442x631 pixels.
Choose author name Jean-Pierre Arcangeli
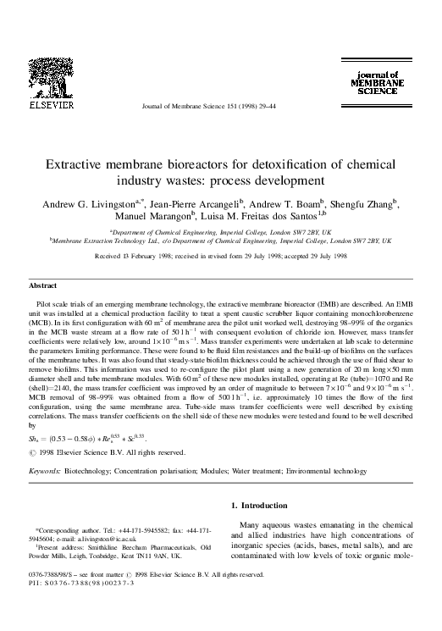[x=185, y=205]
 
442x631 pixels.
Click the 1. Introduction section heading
[x=264, y=506]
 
